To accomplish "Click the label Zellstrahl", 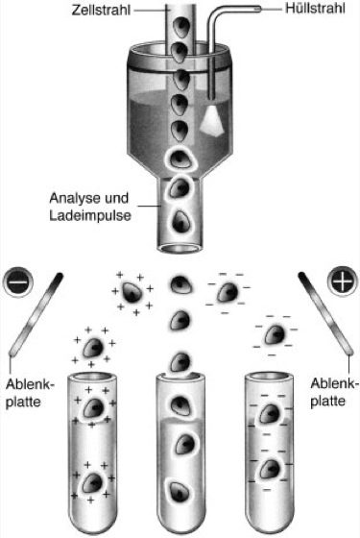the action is [101, 10].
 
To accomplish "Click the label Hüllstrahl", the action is [315, 9].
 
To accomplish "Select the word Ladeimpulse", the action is [90, 216].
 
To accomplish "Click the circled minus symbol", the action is [18, 283].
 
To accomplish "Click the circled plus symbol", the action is [342, 282].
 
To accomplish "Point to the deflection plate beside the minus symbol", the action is [36, 314].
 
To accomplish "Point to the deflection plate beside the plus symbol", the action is [325, 313].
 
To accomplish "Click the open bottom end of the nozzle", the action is [180, 247].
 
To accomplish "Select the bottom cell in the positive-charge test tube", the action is [92, 482].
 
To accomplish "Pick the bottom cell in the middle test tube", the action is [180, 493].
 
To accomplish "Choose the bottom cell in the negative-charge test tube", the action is [271, 470].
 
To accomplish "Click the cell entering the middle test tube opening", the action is [180, 362].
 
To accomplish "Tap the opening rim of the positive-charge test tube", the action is [92, 378].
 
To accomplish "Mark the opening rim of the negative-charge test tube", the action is [270, 378].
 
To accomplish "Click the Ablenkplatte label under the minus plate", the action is [30, 393].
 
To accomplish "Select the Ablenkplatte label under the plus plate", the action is [334, 392].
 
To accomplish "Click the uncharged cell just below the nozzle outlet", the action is [180, 285].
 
